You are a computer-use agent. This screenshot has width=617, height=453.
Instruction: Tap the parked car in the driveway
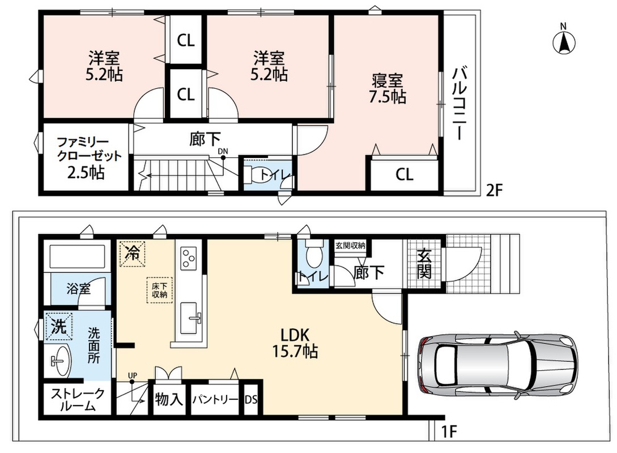(x=497, y=364)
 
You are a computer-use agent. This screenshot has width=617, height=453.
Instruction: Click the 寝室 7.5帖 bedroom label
(x=387, y=89)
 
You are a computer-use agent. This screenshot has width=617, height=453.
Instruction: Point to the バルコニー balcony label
(x=459, y=104)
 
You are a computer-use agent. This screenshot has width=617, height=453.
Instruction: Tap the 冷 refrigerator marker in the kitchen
(x=132, y=253)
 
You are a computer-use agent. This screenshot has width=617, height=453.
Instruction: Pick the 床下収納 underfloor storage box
(x=159, y=290)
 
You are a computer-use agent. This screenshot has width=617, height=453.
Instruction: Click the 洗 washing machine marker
(x=59, y=326)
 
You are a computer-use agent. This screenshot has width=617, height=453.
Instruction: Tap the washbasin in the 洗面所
(x=60, y=361)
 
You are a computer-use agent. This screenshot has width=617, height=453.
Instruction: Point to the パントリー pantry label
(x=215, y=400)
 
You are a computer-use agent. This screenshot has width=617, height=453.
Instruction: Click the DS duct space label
(x=251, y=400)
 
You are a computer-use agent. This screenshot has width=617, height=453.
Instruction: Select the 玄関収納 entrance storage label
(x=350, y=246)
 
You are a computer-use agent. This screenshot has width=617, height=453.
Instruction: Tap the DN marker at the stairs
(x=223, y=151)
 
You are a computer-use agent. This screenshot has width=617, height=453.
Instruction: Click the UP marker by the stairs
(x=133, y=376)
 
